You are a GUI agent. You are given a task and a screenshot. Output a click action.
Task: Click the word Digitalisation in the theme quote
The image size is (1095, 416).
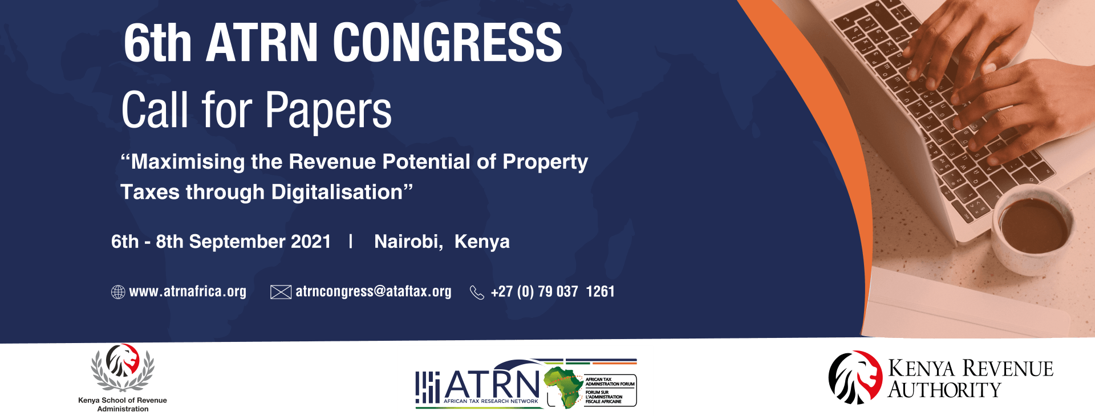coord(338,192)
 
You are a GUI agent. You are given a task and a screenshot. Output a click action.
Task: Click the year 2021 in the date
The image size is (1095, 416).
coord(311,242)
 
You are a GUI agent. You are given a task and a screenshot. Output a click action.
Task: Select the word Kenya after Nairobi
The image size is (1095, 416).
coord(482,242)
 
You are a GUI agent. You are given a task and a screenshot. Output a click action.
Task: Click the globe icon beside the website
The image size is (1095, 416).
coord(118,292)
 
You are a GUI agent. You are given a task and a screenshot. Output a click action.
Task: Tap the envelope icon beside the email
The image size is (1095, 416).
coord(281,292)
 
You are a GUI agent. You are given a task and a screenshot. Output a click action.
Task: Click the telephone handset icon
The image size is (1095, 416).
coord(476,292)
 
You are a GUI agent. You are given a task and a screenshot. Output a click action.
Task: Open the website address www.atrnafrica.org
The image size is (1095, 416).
coord(188,292)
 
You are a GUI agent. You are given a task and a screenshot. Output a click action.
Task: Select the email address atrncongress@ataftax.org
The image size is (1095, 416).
coord(373,292)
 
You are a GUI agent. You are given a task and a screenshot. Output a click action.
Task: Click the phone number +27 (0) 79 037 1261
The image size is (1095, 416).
coord(552,292)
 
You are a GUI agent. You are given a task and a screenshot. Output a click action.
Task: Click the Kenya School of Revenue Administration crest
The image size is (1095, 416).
coord(123,368)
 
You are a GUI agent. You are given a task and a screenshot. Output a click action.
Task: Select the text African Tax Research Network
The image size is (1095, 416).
coord(490,401)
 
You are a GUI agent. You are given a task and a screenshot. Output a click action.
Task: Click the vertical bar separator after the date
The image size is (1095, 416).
coord(351,242)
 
